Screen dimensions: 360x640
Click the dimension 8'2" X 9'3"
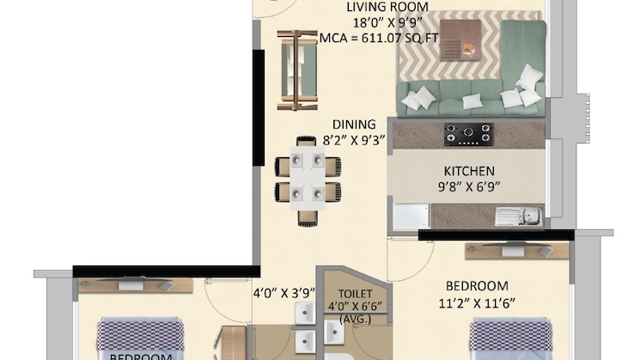352,138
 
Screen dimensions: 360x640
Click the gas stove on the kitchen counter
468,134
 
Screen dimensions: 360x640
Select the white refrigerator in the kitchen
411,217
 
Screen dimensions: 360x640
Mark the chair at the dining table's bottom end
308,217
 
